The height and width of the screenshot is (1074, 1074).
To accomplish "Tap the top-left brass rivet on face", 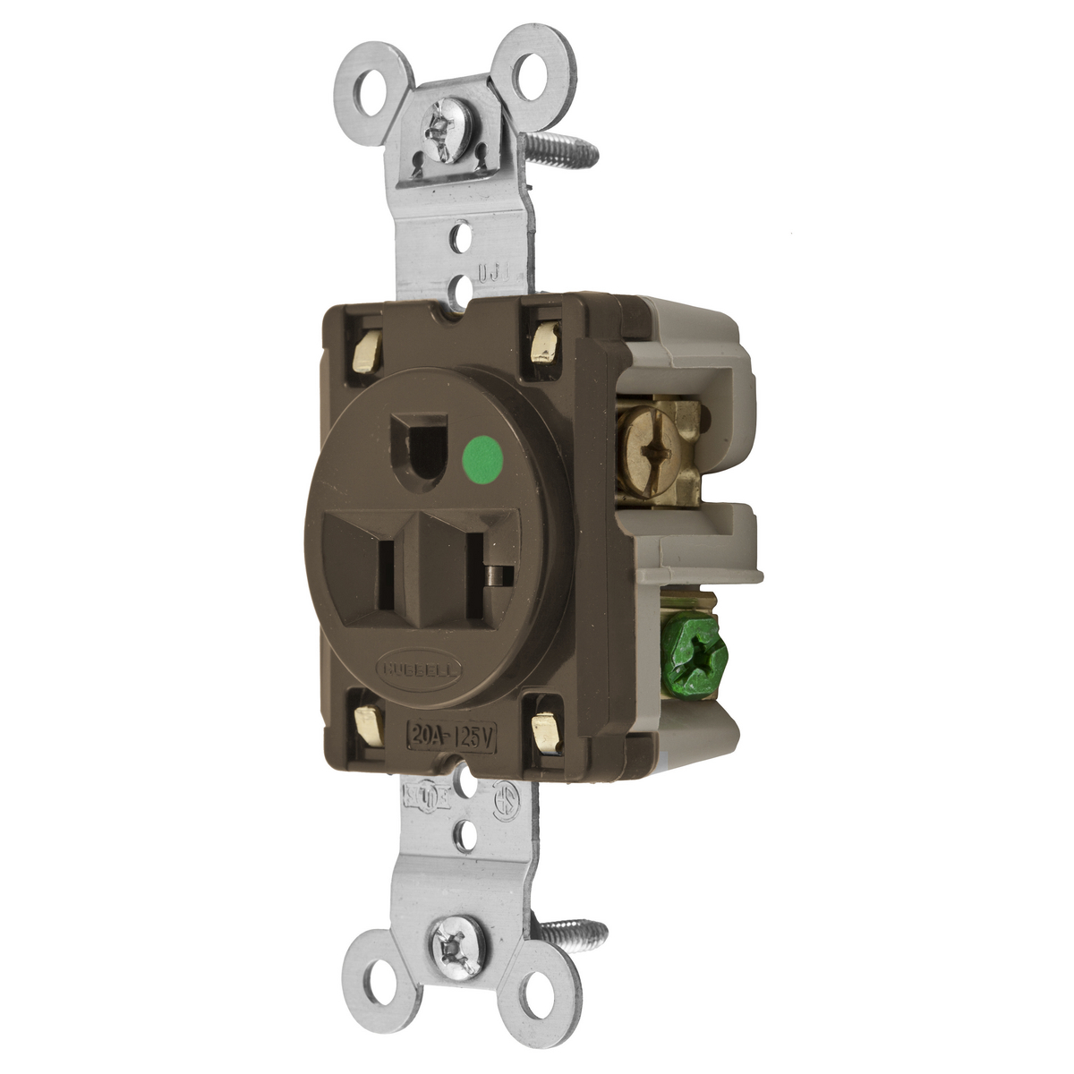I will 366,340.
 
